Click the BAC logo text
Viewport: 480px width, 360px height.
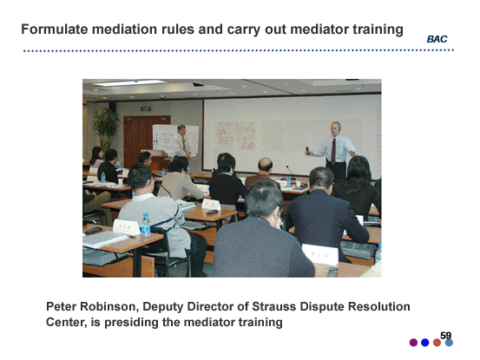coord(437,39)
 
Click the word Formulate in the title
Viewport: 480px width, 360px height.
coord(55,29)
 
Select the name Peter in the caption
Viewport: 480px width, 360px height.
coord(61,306)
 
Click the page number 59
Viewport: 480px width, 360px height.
coord(446,336)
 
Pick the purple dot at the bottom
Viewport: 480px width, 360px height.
coord(413,343)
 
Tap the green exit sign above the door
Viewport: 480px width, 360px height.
coord(146,108)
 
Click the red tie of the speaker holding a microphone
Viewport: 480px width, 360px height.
coord(333,151)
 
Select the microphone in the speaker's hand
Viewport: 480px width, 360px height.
coord(307,150)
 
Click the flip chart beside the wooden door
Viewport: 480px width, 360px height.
coord(175,140)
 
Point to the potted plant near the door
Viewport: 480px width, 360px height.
coord(106,128)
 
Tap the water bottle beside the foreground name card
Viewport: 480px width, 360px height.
coord(146,225)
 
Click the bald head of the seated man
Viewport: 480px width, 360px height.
coord(265,164)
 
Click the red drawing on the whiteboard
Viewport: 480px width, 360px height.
coord(236,136)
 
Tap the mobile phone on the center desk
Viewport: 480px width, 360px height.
coord(212,212)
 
